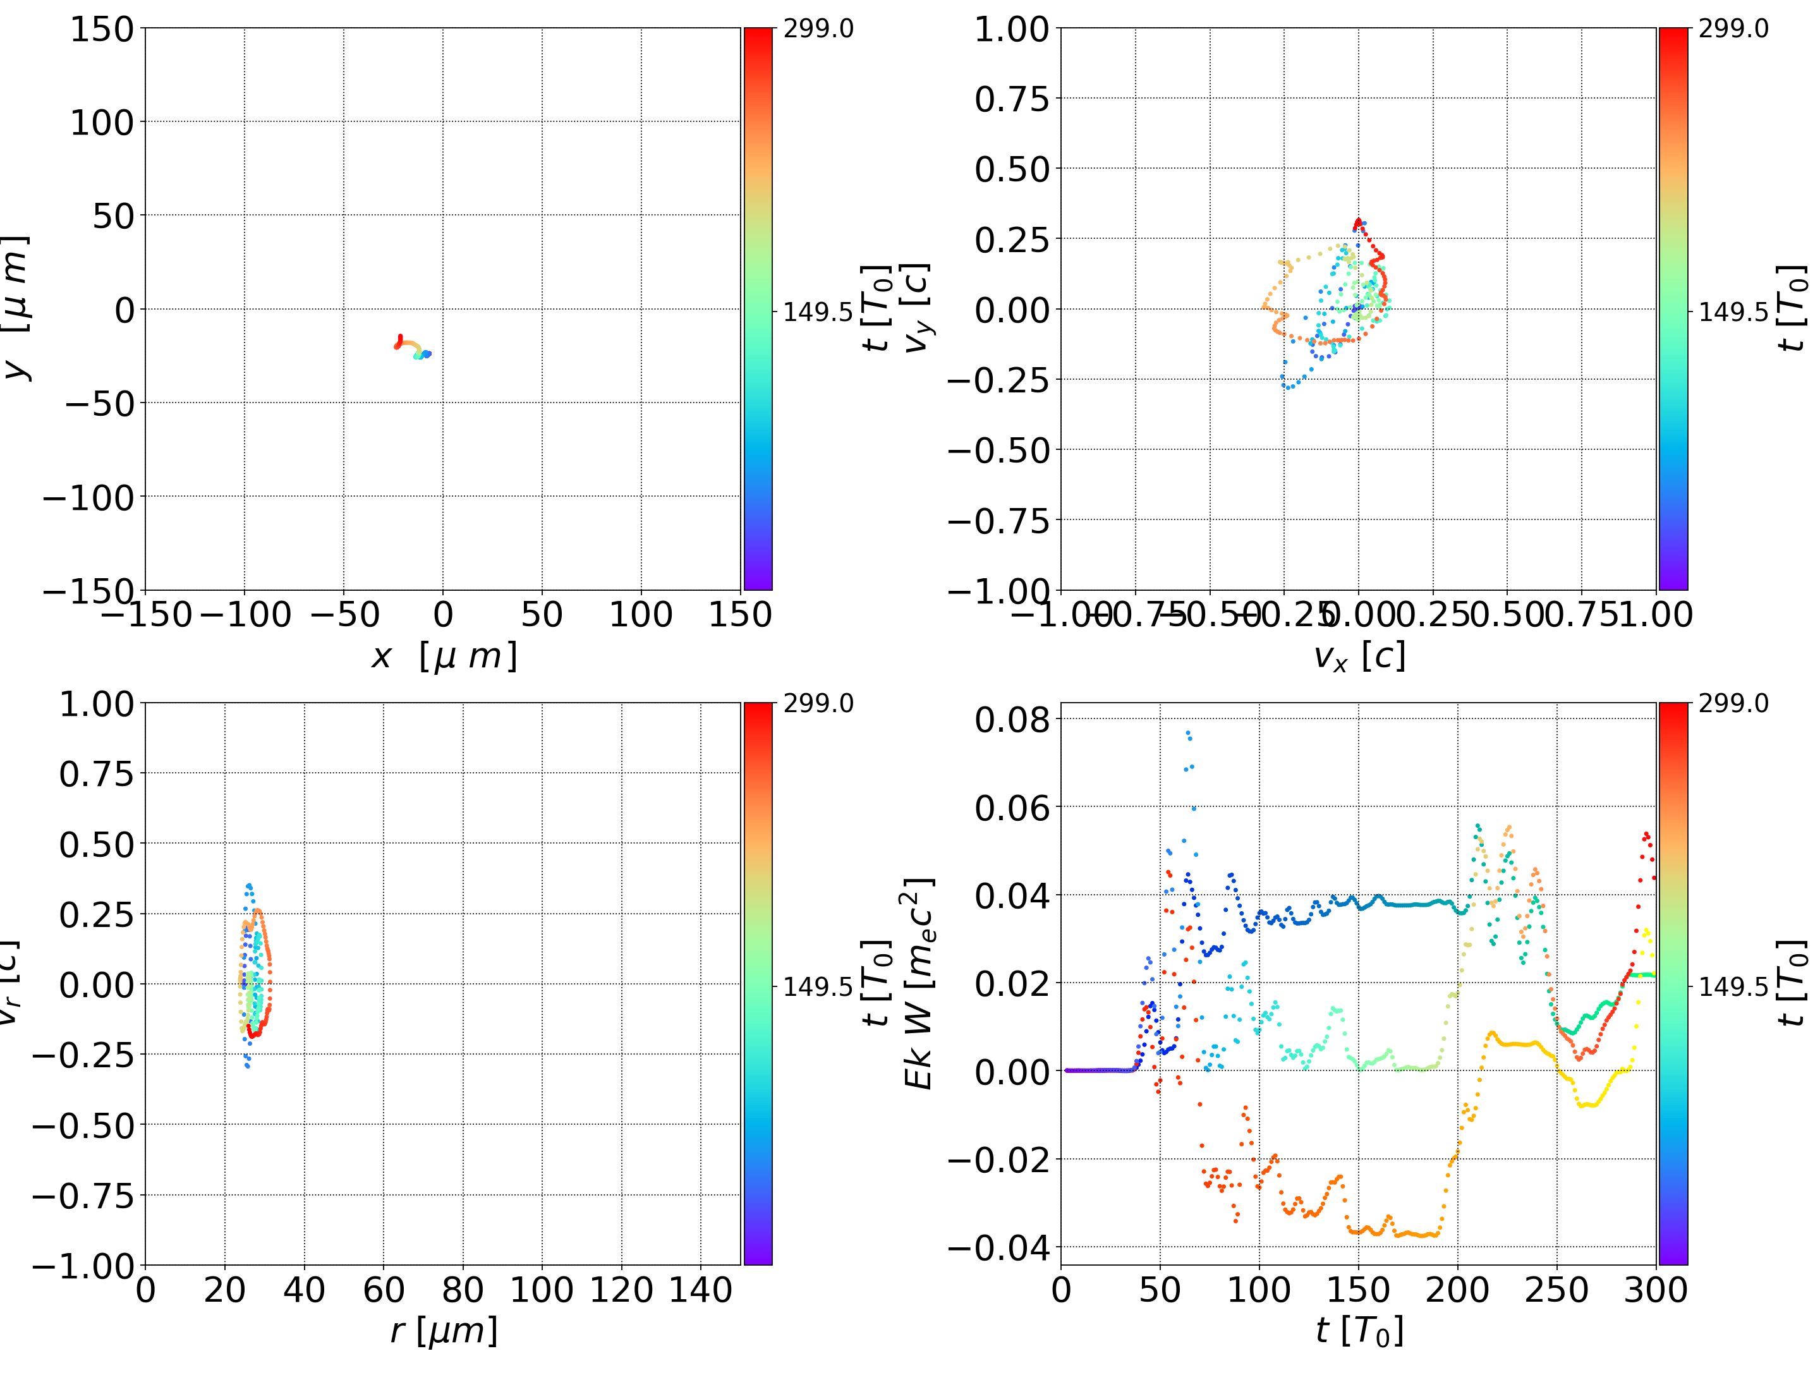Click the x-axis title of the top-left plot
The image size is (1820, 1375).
tap(444, 657)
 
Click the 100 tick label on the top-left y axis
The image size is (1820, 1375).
tap(101, 123)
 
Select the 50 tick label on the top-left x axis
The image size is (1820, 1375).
tap(542, 615)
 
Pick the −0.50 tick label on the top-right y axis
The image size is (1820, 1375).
tap(999, 451)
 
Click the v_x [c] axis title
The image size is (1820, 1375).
tap(1359, 657)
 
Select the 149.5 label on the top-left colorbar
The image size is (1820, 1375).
tap(818, 312)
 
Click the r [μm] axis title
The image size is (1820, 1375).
tap(444, 1331)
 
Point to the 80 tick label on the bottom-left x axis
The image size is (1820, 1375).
tap(463, 1290)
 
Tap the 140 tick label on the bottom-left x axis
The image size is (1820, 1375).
tap(700, 1290)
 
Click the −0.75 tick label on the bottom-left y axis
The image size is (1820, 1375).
tap(83, 1196)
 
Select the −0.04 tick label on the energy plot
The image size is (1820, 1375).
tap(999, 1247)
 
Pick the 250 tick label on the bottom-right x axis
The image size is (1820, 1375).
tap(1556, 1290)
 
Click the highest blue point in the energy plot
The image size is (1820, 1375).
tap(1187, 733)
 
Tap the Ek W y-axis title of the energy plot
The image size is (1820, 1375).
tap(919, 983)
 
